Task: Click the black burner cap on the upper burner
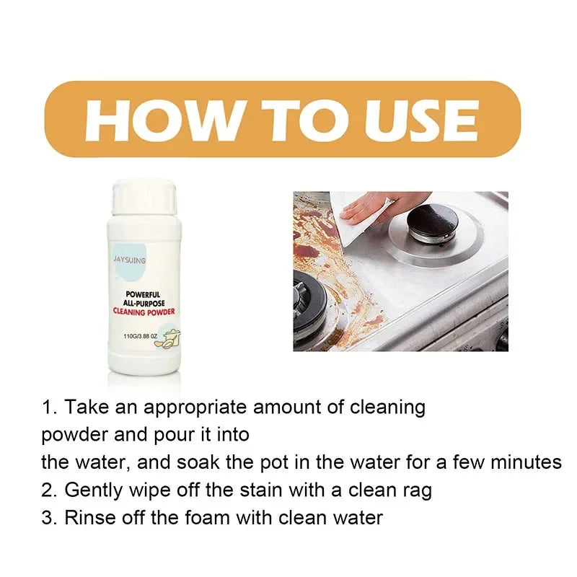[x=431, y=221]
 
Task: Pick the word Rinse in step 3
[x=87, y=518]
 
